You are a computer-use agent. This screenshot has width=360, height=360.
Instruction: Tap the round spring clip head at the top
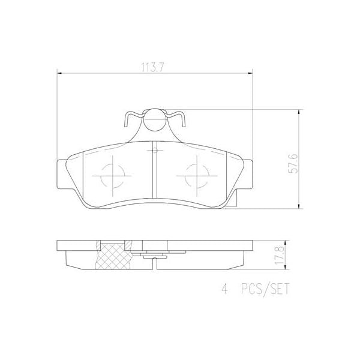pos(155,119)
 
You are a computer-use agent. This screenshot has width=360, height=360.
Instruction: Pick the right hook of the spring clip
pos(180,121)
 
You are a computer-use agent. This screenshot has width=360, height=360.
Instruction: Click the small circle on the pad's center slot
pos(155,149)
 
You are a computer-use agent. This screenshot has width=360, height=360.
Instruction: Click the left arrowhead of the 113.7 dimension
pos(59,73)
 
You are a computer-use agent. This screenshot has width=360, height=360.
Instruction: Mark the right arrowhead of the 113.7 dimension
pos(250,73)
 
